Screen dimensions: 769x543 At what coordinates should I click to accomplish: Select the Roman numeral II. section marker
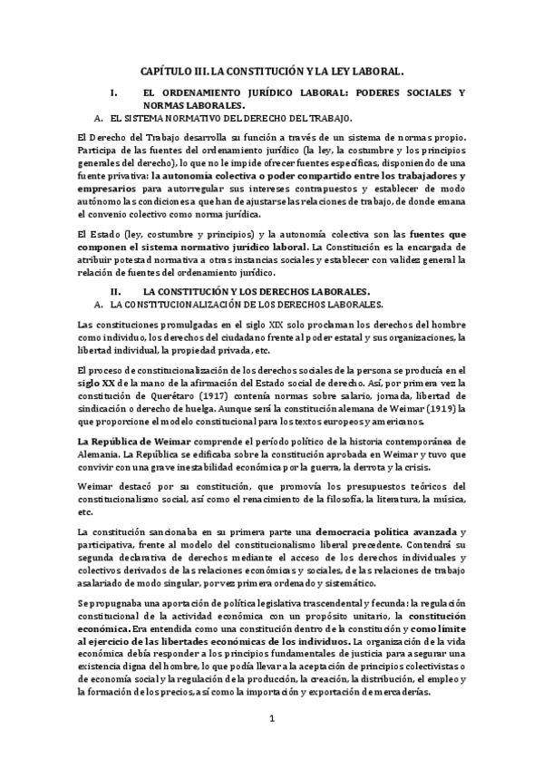pyautogui.click(x=115, y=291)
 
